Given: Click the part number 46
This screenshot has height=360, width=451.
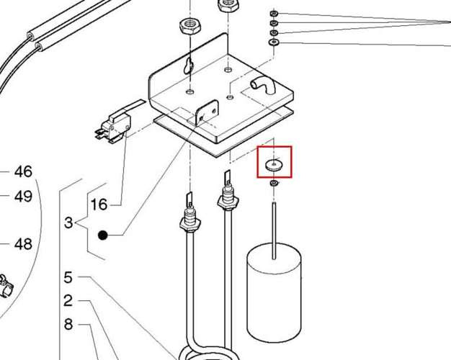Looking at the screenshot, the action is point(23,171).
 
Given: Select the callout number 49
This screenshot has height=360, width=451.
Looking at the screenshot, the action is point(23,197).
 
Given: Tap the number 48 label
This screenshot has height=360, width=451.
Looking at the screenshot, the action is point(23,244).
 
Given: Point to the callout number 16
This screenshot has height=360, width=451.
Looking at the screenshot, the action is point(99,204).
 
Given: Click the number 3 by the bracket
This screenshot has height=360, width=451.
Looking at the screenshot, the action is point(68,222).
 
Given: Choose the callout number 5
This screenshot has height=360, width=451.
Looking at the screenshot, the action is point(68,277).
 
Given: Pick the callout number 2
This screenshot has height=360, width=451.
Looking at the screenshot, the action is point(68,301).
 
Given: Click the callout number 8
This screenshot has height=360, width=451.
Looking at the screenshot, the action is point(68,324).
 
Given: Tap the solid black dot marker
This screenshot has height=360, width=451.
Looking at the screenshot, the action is point(103,235).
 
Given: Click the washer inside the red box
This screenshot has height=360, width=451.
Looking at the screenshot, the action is point(274,165).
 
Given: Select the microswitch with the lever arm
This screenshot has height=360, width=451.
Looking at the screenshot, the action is point(113,125).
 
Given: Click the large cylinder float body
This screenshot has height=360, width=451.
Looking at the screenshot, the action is point(274,293).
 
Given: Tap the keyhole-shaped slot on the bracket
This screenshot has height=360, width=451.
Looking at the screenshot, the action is point(188,66).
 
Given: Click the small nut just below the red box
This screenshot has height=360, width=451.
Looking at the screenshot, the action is point(274,183).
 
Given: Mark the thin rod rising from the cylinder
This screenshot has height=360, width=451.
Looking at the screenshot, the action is point(274,230).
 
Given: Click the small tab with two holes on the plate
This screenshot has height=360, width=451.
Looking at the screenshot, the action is point(207,112).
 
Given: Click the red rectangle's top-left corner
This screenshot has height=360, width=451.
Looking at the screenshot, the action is point(257,147).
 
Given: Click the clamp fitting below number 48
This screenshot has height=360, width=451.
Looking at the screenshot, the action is point(6,287).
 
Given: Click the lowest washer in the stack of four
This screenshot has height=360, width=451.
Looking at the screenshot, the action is point(274,43).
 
